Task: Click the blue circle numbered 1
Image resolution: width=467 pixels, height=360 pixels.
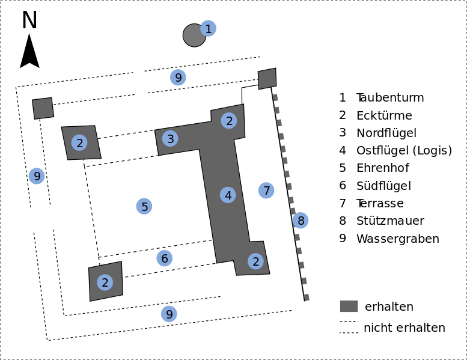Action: tap(208, 28)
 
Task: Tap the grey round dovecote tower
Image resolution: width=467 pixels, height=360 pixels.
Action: tap(194, 35)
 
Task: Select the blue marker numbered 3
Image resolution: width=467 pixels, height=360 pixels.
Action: tap(170, 139)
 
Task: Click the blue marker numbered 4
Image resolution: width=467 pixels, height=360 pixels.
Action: tap(227, 195)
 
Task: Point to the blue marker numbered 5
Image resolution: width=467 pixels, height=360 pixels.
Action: tap(144, 206)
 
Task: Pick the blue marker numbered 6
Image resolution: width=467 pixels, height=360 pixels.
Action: tap(164, 258)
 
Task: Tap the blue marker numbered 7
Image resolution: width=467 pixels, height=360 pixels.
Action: tap(266, 191)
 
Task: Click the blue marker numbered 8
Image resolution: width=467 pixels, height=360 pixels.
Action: tap(301, 221)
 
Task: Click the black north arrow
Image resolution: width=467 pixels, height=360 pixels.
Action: tap(29, 52)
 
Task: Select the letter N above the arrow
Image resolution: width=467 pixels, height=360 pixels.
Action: tap(29, 21)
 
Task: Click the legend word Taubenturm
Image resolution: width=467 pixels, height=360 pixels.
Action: tap(390, 98)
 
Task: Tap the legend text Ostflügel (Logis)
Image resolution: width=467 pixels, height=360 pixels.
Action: tap(404, 151)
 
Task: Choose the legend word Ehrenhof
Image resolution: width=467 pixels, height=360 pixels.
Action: tap(382, 168)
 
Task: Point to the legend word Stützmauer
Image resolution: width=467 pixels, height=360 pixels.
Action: tap(390, 221)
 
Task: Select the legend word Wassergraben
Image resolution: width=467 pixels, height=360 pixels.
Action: tap(397, 239)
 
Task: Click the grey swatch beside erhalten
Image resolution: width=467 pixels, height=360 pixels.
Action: tap(349, 306)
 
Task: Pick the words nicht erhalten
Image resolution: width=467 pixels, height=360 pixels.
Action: tap(404, 328)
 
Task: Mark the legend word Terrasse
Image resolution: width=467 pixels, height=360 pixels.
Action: tap(380, 204)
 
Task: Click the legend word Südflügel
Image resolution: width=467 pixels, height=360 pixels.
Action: tap(383, 186)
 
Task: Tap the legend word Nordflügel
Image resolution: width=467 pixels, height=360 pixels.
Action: tap(386, 133)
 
